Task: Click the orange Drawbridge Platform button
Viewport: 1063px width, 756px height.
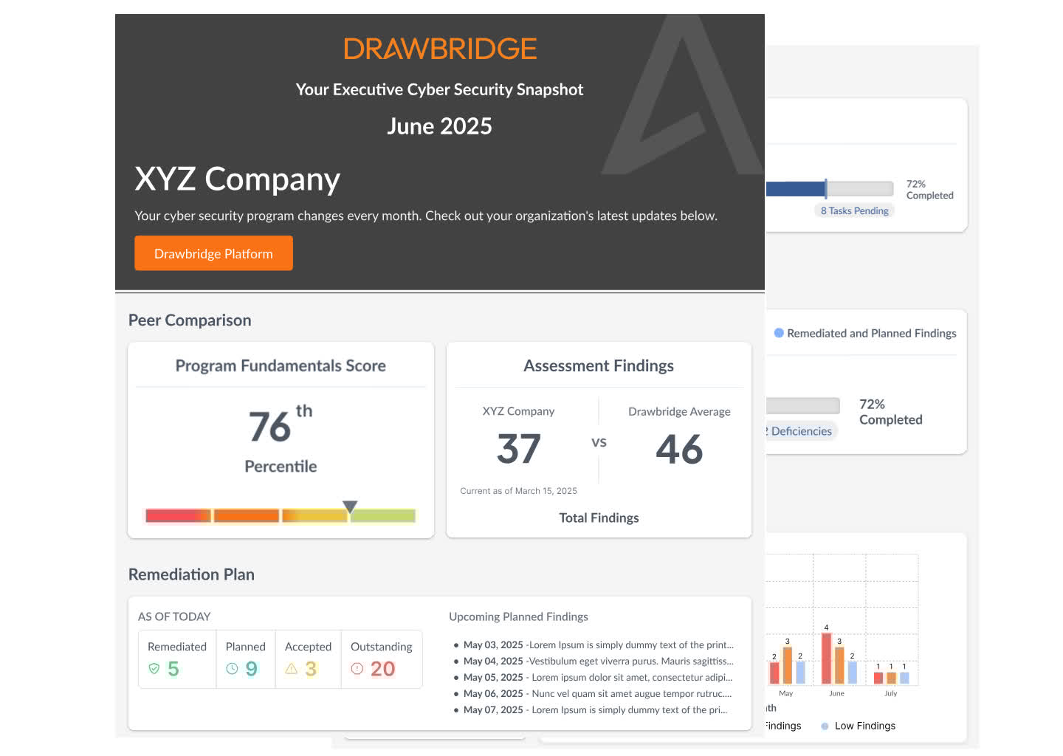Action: [213, 253]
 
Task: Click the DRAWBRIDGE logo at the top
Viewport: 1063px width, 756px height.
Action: [440, 49]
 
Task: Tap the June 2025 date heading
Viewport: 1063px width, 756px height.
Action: [439, 126]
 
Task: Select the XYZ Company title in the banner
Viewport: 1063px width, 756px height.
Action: [237, 179]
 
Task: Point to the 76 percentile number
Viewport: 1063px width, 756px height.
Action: [270, 427]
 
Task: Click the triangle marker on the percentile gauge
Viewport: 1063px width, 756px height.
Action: [350, 506]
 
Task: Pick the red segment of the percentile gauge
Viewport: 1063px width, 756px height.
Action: [178, 515]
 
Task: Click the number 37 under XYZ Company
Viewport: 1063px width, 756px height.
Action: [519, 449]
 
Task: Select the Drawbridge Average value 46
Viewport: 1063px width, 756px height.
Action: [679, 449]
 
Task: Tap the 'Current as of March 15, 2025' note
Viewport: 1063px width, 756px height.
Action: [518, 491]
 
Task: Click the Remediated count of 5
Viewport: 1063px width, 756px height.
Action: [173, 669]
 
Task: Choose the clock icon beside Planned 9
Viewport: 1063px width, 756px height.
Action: [232, 669]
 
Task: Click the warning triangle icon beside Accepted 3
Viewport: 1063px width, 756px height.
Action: [292, 669]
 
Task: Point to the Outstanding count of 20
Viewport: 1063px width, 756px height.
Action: [382, 669]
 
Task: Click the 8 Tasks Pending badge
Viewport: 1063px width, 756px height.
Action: [854, 210]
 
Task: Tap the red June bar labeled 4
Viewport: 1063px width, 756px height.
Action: [826, 659]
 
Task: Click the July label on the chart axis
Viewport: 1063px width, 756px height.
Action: [891, 693]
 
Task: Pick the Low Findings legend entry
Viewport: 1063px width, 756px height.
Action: [864, 726]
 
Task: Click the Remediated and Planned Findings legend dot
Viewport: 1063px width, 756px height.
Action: [779, 333]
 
